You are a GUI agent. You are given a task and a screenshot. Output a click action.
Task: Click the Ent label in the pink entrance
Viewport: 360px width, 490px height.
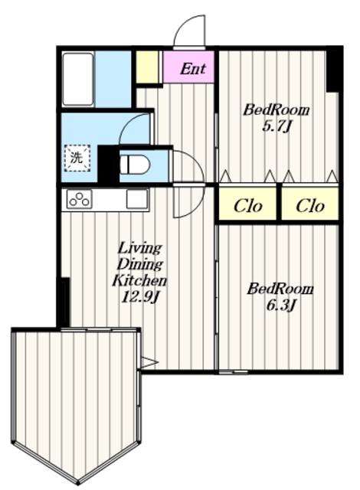tap(193, 68)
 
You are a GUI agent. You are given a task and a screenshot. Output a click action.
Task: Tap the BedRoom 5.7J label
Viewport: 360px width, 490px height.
tap(277, 119)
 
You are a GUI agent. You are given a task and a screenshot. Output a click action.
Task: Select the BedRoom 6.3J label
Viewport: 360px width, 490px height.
tap(280, 297)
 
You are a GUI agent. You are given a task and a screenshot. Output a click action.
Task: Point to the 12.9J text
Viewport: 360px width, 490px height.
tap(140, 296)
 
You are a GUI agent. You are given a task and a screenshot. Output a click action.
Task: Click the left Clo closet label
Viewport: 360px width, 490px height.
tap(248, 206)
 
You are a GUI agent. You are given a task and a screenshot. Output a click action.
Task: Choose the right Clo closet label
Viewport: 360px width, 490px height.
tap(310, 206)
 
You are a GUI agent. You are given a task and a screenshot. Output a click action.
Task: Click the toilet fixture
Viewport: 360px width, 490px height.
tap(135, 165)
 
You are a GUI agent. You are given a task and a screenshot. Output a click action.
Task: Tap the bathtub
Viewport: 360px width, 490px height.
tap(78, 80)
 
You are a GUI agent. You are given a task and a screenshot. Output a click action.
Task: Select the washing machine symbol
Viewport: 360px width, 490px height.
tap(77, 158)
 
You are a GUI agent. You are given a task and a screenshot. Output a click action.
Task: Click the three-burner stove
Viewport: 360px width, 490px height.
tap(80, 199)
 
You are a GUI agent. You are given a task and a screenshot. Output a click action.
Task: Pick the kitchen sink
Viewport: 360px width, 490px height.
tap(136, 199)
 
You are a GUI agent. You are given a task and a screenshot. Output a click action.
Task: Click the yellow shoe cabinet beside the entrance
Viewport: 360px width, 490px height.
tap(147, 67)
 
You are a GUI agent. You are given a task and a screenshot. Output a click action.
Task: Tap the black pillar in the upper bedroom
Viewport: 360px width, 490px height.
tap(332, 70)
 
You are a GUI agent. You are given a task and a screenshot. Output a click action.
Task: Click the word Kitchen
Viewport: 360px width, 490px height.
tap(139, 280)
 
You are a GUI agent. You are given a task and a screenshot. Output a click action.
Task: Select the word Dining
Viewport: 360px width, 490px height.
tap(139, 265)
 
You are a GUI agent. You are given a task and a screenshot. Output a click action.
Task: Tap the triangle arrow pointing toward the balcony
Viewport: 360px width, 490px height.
tap(149, 362)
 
